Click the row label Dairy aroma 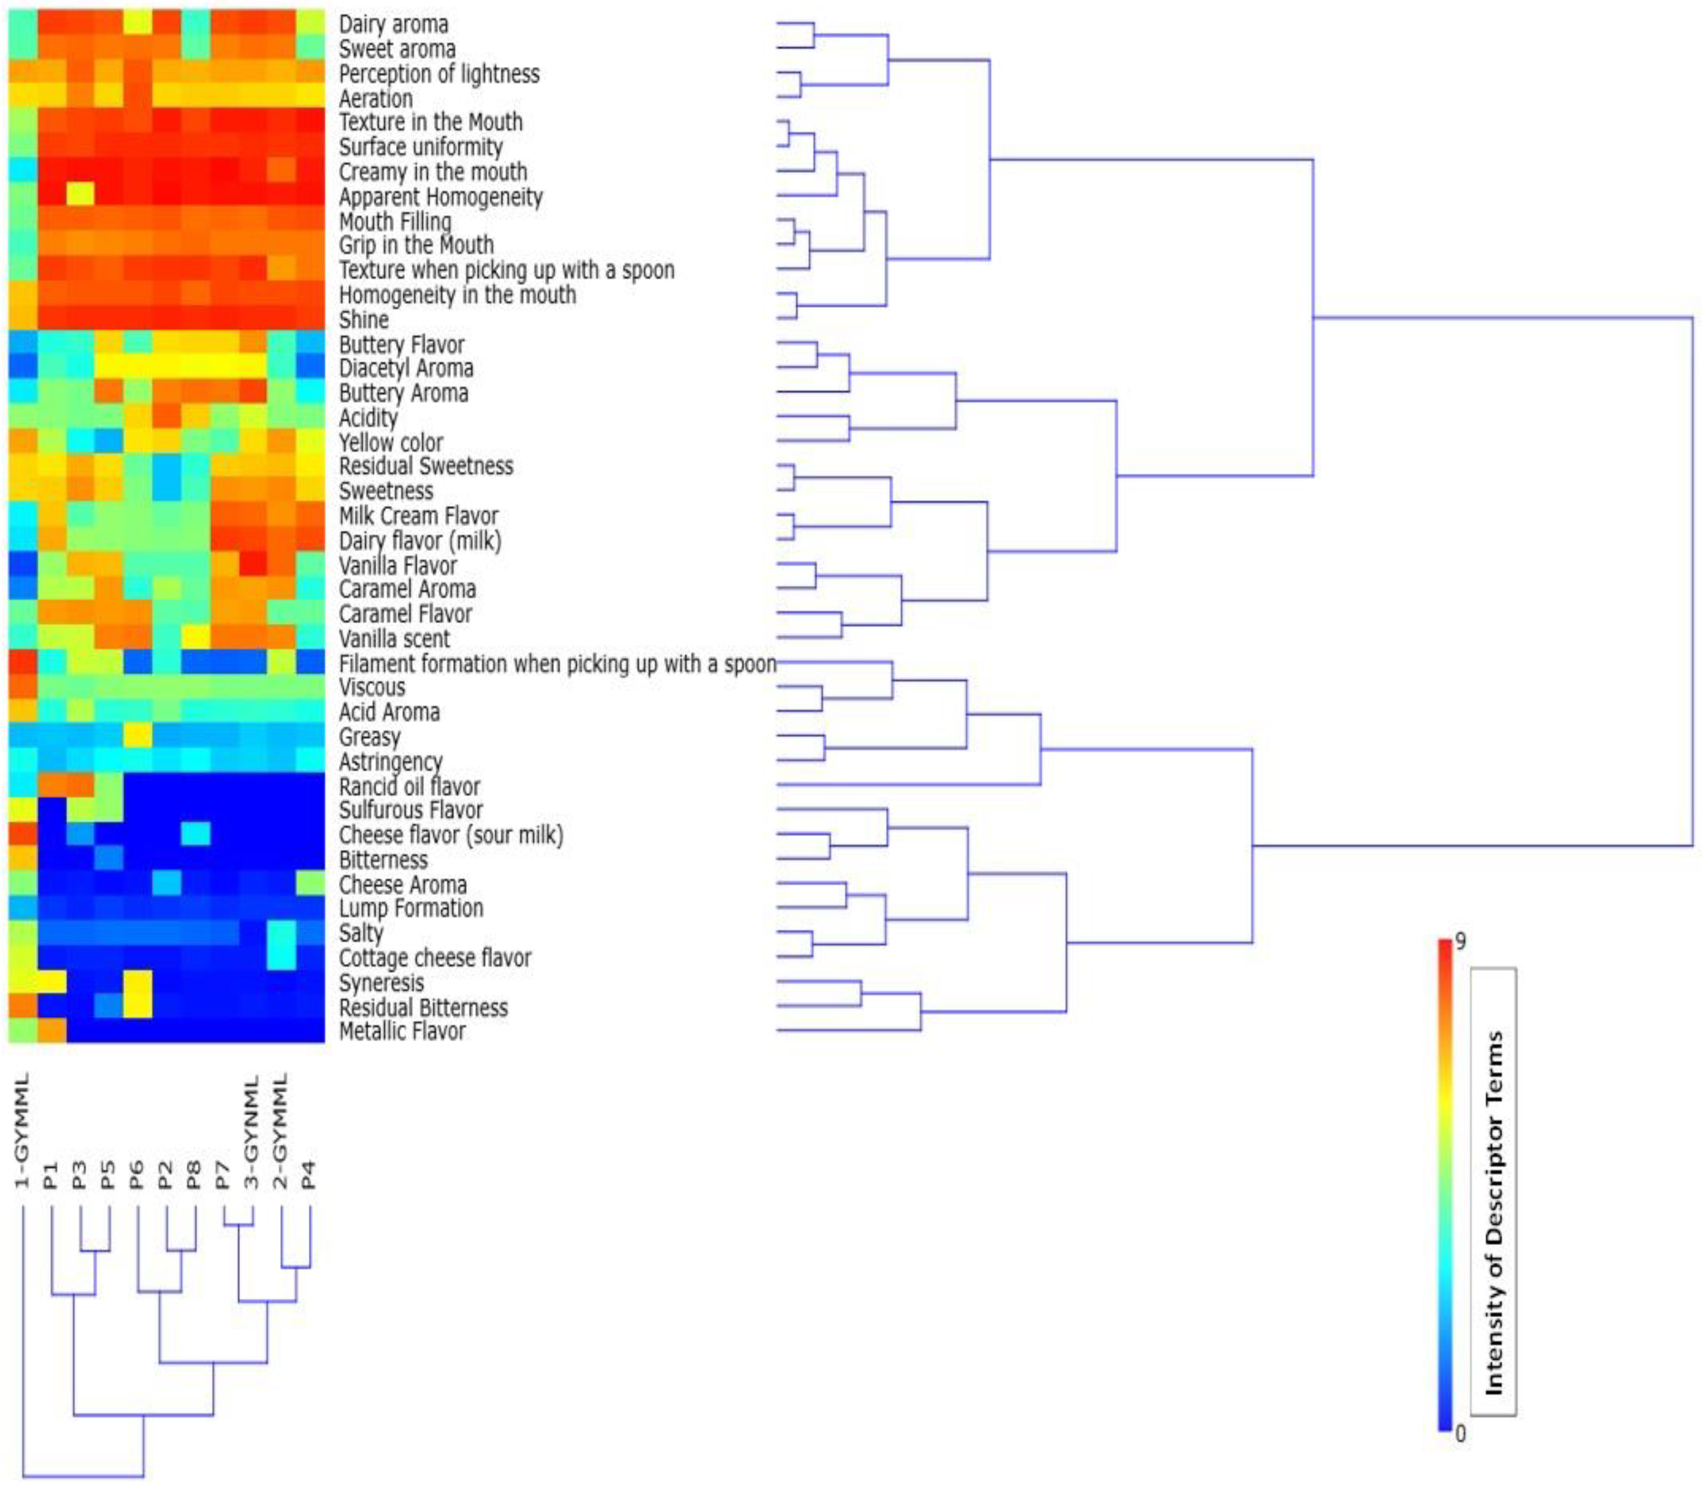(x=393, y=24)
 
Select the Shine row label (x=363, y=320)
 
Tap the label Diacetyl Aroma (x=406, y=368)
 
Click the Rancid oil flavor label (x=409, y=786)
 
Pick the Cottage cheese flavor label (x=435, y=958)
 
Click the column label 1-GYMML (x=23, y=1130)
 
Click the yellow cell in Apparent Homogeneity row (x=81, y=195)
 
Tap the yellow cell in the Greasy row (x=138, y=735)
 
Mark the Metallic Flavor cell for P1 (x=51, y=1030)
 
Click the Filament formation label (x=556, y=664)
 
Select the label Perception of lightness (x=439, y=74)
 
